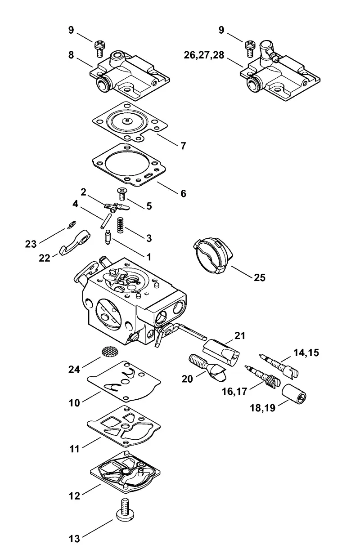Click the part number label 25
tap(260, 278)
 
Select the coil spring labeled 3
tap(120, 225)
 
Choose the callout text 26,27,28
tap(204, 55)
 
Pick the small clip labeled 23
tap(72, 224)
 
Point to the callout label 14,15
tap(306, 353)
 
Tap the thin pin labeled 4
tap(106, 221)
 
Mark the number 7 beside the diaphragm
tap(183, 146)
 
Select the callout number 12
tap(74, 496)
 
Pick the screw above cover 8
tap(99, 49)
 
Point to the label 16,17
tap(234, 392)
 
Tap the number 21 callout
tap(239, 336)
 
